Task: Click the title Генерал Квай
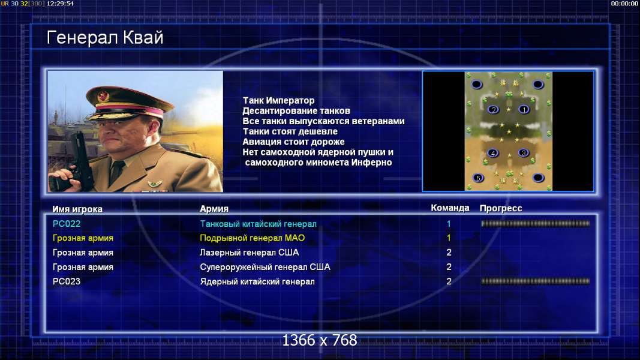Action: [105, 38]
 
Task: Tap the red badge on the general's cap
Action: [103, 97]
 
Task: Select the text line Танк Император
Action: [279, 100]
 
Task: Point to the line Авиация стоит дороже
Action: [293, 142]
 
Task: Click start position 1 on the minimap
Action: [524, 109]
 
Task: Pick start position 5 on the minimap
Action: [478, 178]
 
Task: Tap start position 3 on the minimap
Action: [524, 153]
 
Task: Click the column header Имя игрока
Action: [77, 209]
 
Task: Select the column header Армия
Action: [214, 209]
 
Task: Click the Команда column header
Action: [450, 208]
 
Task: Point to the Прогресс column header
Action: [501, 208]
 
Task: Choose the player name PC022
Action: [67, 224]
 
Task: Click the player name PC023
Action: [67, 281]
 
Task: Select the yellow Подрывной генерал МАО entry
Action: [253, 238]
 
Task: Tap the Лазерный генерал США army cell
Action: [250, 253]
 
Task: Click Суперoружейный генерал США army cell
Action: [265, 267]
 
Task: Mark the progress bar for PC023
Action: [536, 281]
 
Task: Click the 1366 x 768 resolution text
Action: [320, 340]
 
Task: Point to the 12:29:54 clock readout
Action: [61, 4]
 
